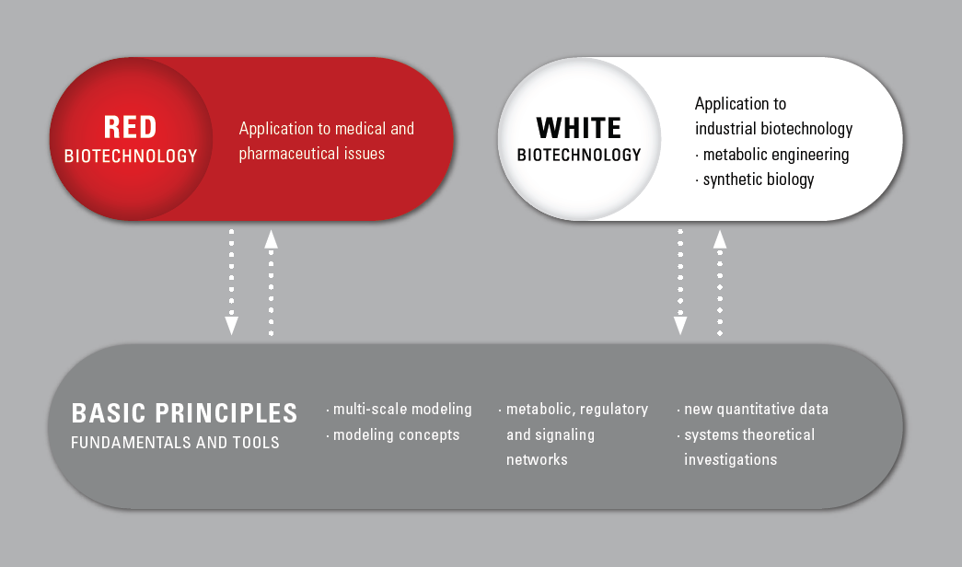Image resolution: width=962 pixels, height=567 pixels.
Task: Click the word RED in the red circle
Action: coord(130,127)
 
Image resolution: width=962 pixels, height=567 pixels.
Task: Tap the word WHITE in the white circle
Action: coord(578,128)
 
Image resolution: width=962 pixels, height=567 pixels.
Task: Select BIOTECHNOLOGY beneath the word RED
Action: coord(131,156)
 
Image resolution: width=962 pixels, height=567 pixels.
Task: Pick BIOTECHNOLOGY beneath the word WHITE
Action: coord(578,155)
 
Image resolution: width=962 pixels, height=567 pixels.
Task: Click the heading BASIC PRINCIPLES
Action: coord(184,413)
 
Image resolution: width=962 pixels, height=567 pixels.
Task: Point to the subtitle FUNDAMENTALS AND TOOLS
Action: coord(175,443)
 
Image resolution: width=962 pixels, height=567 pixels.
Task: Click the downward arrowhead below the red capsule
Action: coord(231,326)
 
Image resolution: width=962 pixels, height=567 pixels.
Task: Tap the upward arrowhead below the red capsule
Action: coord(272,239)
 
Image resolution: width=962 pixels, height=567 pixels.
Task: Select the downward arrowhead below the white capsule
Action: coord(680,326)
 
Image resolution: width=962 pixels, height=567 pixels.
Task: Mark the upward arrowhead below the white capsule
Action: coord(720,239)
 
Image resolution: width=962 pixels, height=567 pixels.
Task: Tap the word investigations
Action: coord(731,459)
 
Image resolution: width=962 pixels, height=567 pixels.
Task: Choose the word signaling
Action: coord(565,435)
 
